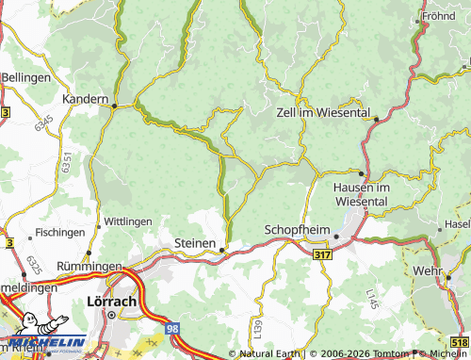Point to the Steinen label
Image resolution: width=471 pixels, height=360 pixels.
(196, 243)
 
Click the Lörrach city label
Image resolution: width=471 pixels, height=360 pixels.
(111, 302)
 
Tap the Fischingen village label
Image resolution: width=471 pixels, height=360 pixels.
(60, 232)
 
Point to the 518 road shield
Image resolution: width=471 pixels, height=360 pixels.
(459, 343)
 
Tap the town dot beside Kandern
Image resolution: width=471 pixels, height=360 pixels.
(114, 106)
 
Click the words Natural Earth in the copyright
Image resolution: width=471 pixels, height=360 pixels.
(270, 353)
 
